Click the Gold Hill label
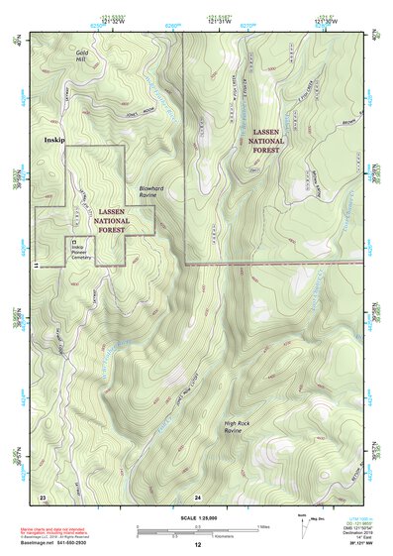[x=82, y=55]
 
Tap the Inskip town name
[x=52, y=141]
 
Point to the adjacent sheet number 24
[x=198, y=495]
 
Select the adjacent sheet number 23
[x=43, y=495]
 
